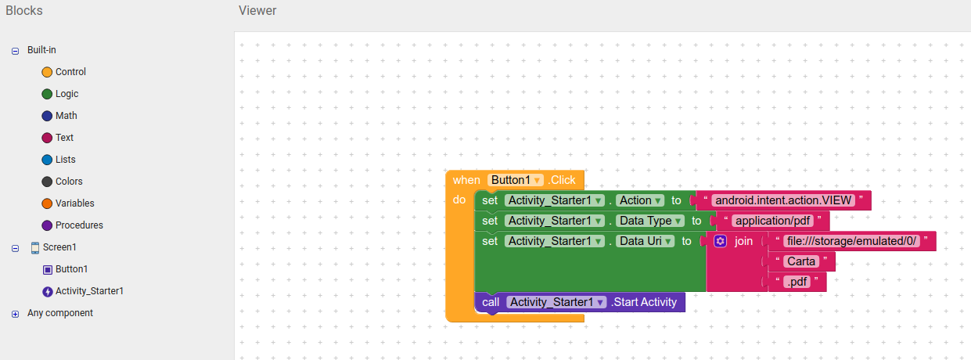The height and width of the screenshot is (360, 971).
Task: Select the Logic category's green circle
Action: pos(47,94)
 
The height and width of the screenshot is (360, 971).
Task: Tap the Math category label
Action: pos(66,116)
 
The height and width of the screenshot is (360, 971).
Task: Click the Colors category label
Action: pos(69,182)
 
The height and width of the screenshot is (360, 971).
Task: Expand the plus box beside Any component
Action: pos(15,314)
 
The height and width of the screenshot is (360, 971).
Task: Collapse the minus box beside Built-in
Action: pos(15,51)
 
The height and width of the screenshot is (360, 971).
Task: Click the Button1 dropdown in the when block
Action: pos(515,180)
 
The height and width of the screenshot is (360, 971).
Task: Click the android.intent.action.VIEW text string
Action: pos(783,200)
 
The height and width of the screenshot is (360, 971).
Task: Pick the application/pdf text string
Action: pos(772,221)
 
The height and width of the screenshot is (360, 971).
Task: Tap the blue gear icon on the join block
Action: pos(720,241)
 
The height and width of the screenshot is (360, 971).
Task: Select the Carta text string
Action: pos(801,261)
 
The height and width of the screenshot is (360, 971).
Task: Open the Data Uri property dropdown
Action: pos(645,241)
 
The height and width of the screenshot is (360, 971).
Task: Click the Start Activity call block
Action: pos(580,302)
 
